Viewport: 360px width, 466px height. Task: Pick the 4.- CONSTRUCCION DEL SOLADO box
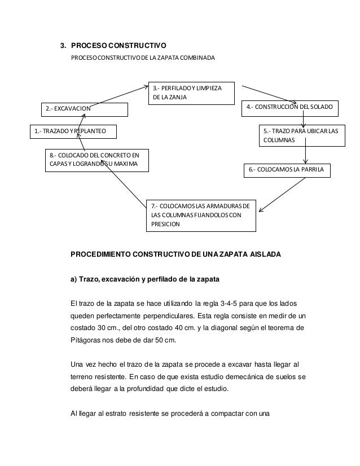coord(289,106)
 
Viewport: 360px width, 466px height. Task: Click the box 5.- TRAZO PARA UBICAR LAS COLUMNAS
coord(300,136)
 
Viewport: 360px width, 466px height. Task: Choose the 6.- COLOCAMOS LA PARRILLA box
coord(287,170)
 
